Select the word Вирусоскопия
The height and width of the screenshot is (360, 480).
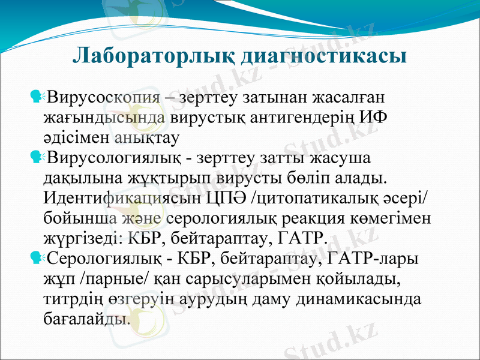[103, 97]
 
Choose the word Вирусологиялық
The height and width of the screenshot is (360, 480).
[113, 158]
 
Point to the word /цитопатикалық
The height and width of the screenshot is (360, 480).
[317, 199]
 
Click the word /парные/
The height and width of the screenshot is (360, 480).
[116, 280]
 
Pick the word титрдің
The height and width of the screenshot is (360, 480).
[74, 300]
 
